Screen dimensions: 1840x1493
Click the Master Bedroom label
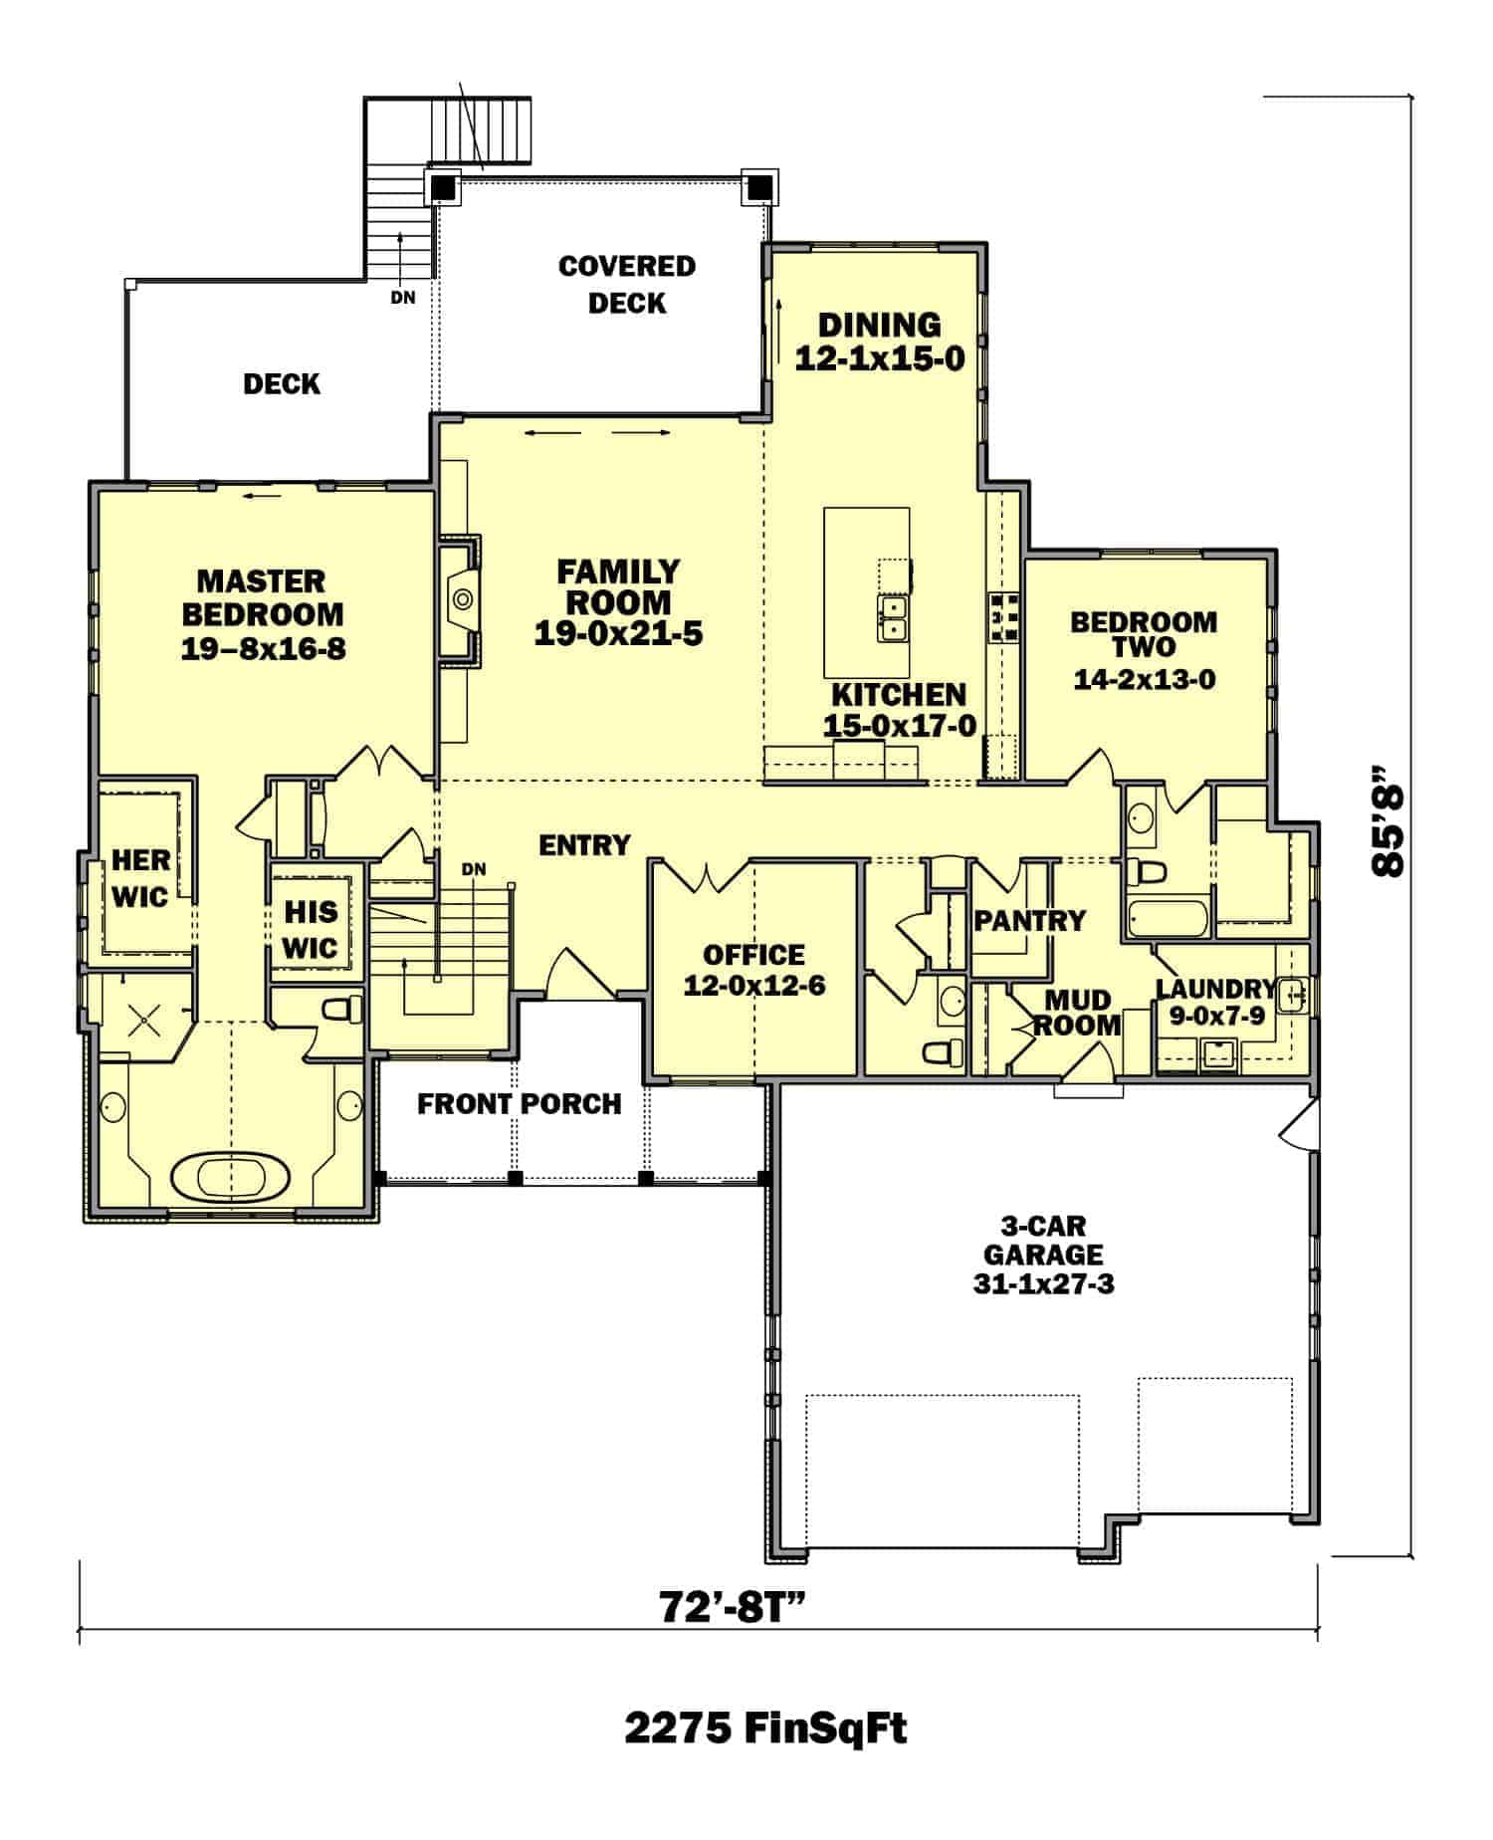tap(262, 597)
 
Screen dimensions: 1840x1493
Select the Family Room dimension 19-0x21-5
tap(618, 633)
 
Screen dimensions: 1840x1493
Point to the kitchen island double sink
tap(892, 618)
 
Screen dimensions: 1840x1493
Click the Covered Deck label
tap(626, 284)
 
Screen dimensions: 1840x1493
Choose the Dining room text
tap(880, 326)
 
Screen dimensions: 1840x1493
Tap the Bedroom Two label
tap(1144, 634)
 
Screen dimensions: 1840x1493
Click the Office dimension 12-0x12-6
tap(753, 986)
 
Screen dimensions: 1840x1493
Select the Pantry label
tap(1029, 920)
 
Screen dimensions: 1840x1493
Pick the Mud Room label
tap(1078, 1012)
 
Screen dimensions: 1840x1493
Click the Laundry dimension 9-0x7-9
tap(1209, 1017)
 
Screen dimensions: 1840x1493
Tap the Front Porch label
tap(519, 1103)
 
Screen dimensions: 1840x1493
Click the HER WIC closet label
tap(140, 877)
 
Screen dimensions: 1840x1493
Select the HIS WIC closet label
tap(311, 929)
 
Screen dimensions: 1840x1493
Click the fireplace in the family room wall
tap(460, 599)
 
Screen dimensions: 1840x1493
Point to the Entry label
tap(584, 845)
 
